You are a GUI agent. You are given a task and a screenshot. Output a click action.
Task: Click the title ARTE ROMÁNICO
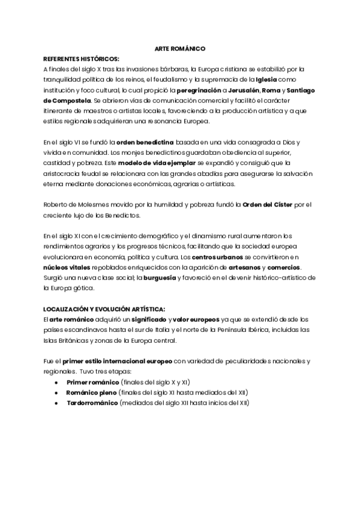[180, 48]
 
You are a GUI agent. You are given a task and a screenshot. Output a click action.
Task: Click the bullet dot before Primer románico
[56, 382]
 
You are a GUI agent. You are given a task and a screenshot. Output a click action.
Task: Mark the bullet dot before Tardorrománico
[56, 403]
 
